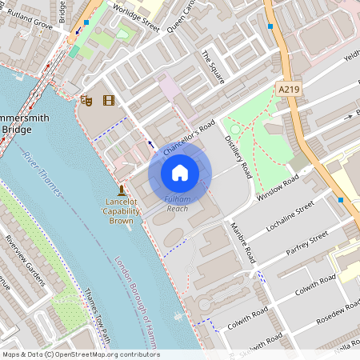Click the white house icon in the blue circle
pyautogui.click(x=180, y=172)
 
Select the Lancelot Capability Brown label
pyautogui.click(x=121, y=212)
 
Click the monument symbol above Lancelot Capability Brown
pyautogui.click(x=121, y=190)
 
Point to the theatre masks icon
pyautogui.click(x=86, y=100)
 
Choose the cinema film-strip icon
pyautogui.click(x=108, y=100)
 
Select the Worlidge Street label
pyautogui.click(x=138, y=17)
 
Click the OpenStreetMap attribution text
pyautogui.click(x=81, y=354)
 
